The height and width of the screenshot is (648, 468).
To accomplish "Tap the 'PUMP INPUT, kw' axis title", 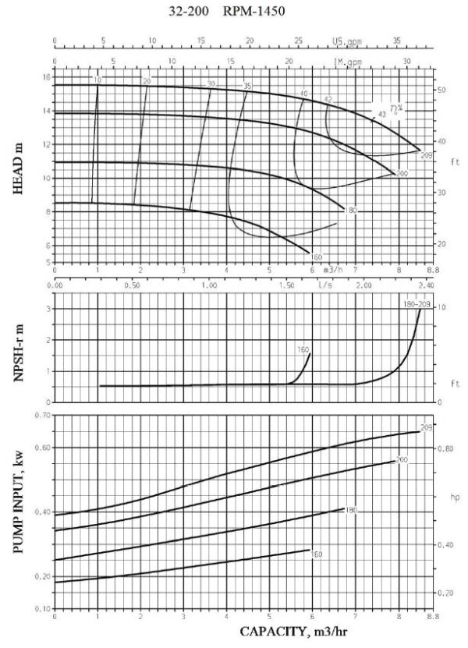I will coord(16,511).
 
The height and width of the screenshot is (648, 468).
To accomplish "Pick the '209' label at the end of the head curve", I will coord(426,156).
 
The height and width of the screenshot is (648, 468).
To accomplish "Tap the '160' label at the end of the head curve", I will coord(317,257).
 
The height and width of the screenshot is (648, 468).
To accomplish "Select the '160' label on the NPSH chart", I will coord(303,350).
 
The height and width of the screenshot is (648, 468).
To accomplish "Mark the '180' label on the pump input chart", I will coord(350,510).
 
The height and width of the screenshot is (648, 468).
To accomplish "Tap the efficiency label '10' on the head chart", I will coord(97,80).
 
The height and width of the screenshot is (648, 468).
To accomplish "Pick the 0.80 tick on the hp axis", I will coord(444,451).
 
